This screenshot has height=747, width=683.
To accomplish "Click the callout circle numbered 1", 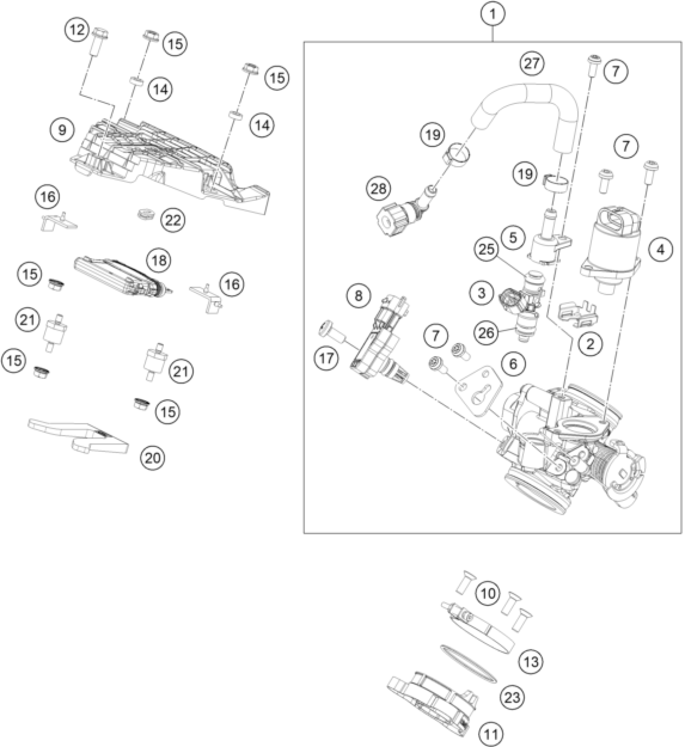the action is pos(493,15).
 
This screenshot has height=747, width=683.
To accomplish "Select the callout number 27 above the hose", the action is pos(532,63).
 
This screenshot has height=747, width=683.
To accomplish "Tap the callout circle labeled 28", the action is pos(378,188).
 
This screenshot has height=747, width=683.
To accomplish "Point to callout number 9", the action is pos(62,130).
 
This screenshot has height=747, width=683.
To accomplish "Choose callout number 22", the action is pos(173,220).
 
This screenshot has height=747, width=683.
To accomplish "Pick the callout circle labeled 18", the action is pos(159,260).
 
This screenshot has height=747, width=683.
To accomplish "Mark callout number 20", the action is pos(153,457).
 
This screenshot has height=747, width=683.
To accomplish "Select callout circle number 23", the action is pos(513,697).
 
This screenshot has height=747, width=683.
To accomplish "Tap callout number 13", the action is pos(531,661).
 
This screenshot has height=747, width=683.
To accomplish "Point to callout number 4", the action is pos(660,250).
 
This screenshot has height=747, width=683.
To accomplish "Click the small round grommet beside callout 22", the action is pos(144,214).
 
